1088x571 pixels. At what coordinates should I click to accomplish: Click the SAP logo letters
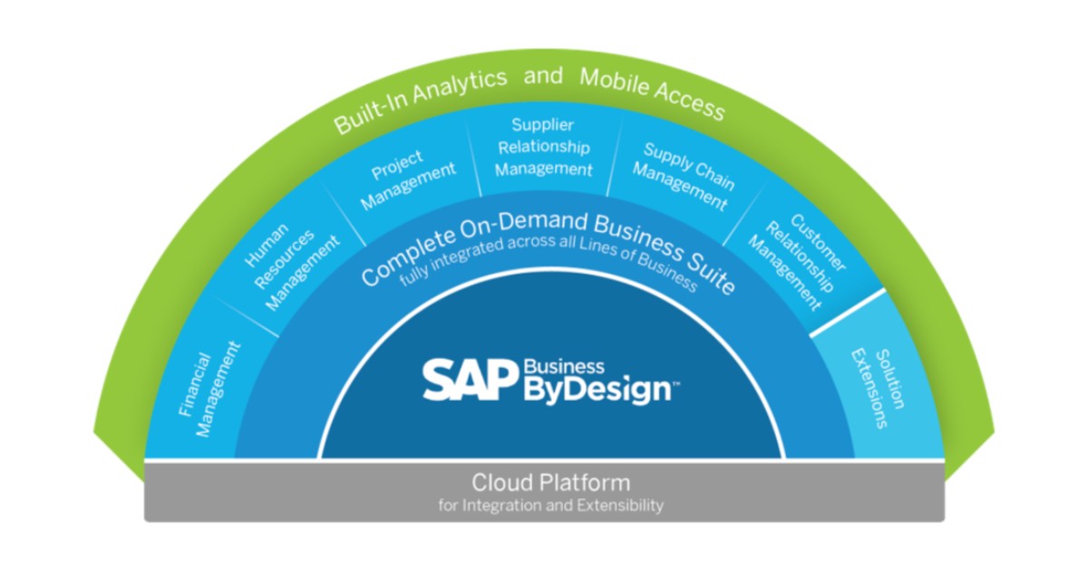point(471,380)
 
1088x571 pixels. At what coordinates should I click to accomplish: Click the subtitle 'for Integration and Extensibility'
point(550,505)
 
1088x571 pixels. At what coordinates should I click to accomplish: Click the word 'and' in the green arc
point(543,74)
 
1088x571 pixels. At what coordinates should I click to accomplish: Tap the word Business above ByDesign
point(563,366)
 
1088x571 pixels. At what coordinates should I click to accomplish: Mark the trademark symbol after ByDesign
point(675,384)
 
